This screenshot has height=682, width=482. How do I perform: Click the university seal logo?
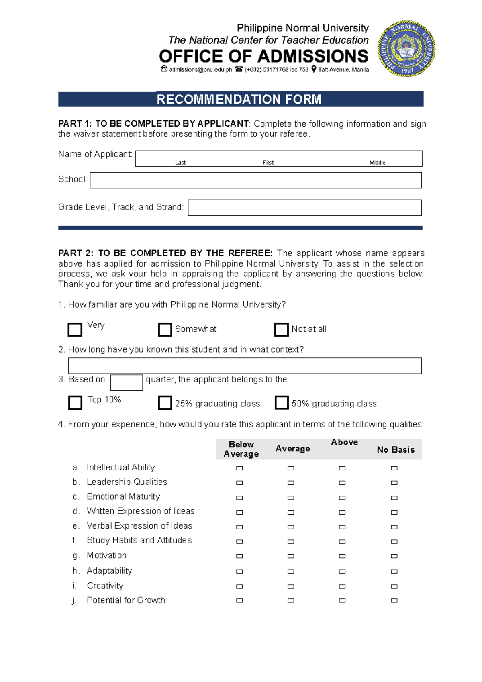(406, 49)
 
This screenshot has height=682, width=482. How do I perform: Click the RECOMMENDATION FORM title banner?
(240, 99)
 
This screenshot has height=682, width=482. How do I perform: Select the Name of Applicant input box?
(278, 158)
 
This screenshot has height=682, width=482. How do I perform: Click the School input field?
(255, 180)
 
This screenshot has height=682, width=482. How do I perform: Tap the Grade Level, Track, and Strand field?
(304, 208)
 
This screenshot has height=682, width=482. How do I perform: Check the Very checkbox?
(75, 329)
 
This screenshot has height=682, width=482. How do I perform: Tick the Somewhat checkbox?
(165, 329)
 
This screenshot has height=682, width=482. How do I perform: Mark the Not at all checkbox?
(281, 329)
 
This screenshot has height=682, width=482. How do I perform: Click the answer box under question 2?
(245, 366)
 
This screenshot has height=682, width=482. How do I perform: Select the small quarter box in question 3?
(127, 382)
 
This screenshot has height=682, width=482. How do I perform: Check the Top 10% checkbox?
(75, 402)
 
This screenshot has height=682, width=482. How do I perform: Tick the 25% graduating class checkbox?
(165, 402)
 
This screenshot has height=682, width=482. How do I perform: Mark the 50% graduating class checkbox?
(282, 402)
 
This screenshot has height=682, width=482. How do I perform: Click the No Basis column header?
(395, 450)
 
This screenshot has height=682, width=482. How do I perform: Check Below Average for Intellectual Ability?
(239, 468)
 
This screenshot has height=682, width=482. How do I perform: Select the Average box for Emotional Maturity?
(291, 498)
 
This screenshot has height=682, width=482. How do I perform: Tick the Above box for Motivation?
(342, 556)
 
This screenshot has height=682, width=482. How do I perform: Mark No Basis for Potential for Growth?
(394, 600)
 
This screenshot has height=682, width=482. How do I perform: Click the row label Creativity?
(105, 586)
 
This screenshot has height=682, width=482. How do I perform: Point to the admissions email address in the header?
(200, 70)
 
